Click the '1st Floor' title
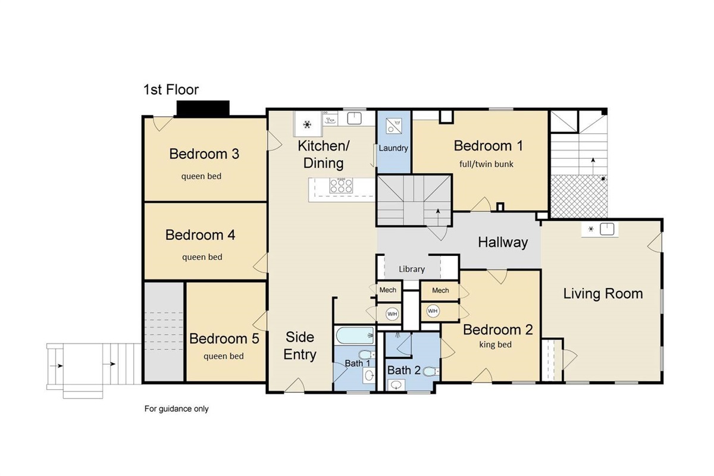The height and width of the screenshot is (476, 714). (x=171, y=90)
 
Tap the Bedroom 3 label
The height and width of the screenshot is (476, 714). (x=204, y=154)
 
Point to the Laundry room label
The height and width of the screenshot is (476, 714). (x=393, y=148)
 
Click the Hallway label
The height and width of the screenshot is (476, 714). (x=503, y=242)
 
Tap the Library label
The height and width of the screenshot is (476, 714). (x=412, y=269)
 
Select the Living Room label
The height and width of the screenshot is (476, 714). (x=603, y=293)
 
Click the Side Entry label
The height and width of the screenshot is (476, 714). (x=300, y=346)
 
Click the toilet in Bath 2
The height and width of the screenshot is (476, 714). (x=431, y=372)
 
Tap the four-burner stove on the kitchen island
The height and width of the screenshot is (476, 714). (x=341, y=187)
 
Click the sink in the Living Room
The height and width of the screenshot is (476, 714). (x=607, y=230)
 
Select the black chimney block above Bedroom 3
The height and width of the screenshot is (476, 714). (x=203, y=108)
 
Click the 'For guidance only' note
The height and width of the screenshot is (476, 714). (x=177, y=409)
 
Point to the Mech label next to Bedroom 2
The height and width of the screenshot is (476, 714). (x=440, y=290)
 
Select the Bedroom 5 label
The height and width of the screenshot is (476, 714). (x=224, y=339)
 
